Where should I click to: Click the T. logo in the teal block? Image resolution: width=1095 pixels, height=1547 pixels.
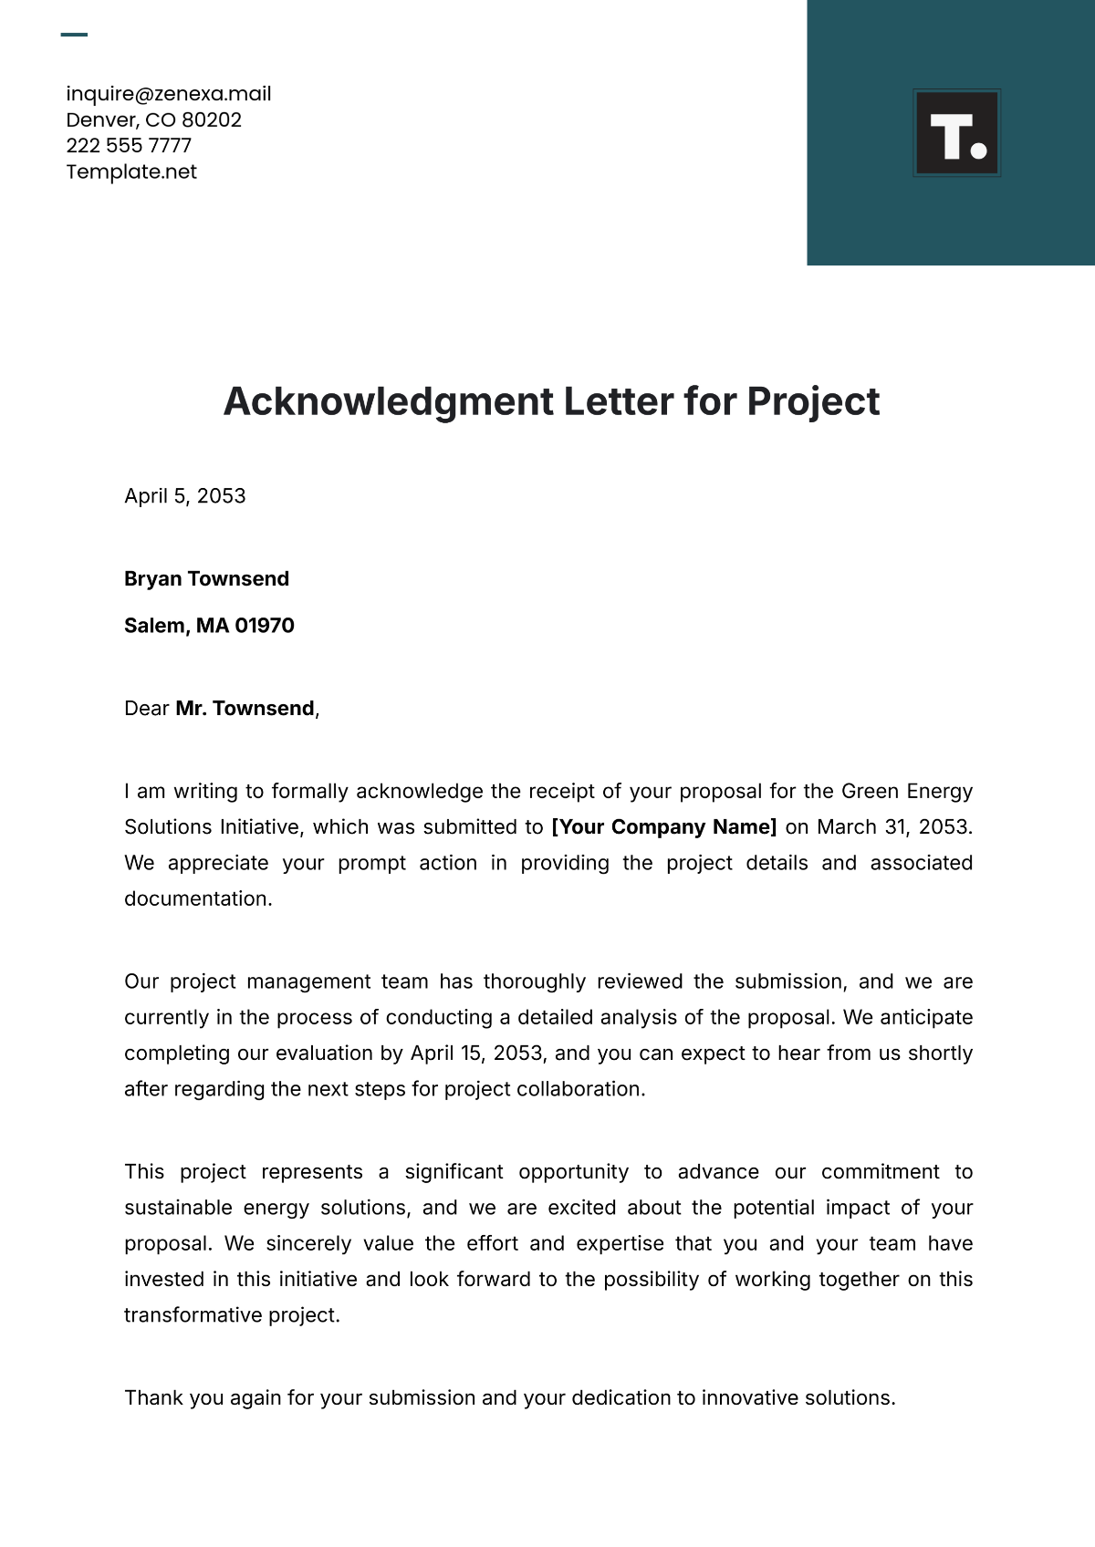(956, 133)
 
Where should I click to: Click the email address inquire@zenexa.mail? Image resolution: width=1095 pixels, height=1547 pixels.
(168, 94)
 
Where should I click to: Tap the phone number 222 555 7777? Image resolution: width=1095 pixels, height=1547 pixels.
(129, 146)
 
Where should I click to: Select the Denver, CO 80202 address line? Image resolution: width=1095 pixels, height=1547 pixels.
(153, 120)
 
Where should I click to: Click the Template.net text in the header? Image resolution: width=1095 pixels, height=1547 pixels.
(131, 171)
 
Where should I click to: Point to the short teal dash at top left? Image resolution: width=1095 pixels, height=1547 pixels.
(74, 36)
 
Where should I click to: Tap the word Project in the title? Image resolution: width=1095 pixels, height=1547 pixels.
(813, 402)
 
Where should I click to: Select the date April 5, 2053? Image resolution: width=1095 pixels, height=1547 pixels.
(184, 496)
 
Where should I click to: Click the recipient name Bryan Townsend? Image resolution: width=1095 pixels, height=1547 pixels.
(206, 579)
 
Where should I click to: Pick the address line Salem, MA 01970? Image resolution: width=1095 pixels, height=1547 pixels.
(209, 626)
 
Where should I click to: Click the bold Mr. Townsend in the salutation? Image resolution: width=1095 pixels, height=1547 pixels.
(245, 709)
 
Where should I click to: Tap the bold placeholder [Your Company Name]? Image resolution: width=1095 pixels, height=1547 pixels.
(663, 827)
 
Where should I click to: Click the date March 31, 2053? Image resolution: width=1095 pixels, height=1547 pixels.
(893, 827)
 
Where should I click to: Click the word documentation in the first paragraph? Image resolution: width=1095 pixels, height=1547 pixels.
(197, 899)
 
